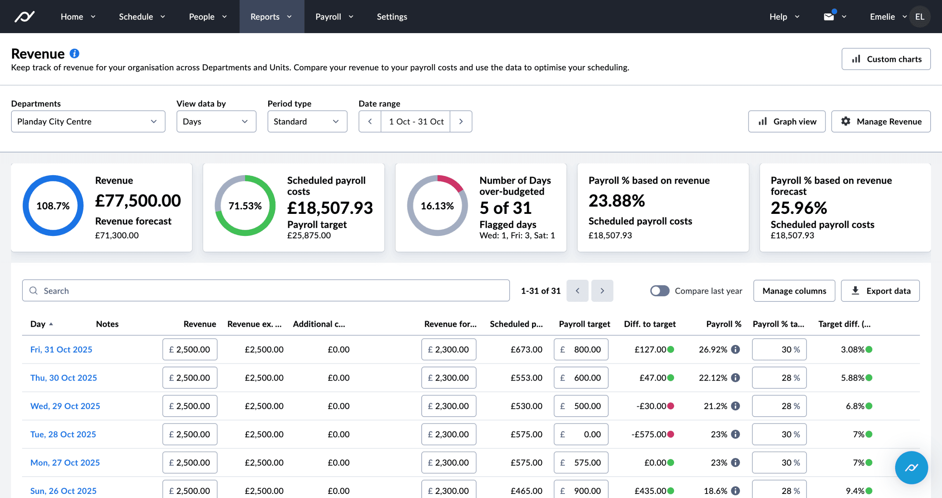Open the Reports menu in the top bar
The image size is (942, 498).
point(271,17)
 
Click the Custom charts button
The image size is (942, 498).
point(886,59)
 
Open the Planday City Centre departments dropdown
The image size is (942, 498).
point(88,121)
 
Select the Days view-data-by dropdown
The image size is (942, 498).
point(216,121)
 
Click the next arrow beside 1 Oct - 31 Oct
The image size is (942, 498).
point(461,121)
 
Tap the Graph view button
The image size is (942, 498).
point(787,121)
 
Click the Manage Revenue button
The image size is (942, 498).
point(881,121)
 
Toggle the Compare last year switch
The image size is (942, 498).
point(659,291)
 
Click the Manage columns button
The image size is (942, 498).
point(794,291)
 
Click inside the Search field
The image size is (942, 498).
point(266,291)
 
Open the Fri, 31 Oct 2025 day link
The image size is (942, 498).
point(61,349)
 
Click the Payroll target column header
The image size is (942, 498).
point(584,324)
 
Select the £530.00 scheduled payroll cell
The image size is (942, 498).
point(526,406)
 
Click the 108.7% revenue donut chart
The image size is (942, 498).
point(53,205)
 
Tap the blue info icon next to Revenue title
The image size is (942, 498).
point(74,54)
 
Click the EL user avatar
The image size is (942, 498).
point(920,17)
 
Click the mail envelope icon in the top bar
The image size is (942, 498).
point(828,17)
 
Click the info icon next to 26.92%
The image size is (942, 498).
point(735,349)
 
